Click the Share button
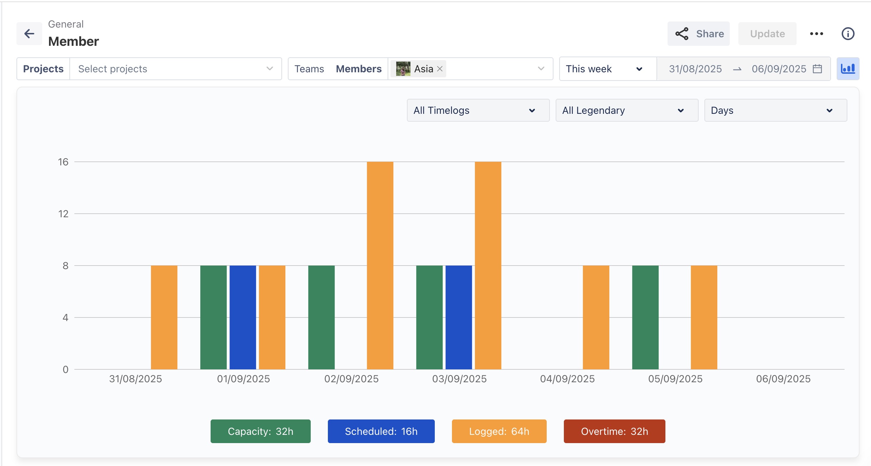[x=698, y=34]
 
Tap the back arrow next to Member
[x=29, y=34]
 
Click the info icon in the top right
[x=848, y=34]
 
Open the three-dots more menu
[x=816, y=34]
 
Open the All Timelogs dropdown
[x=478, y=110]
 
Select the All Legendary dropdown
[x=626, y=110]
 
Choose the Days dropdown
[x=775, y=110]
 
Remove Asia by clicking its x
[x=440, y=69]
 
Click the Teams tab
[x=309, y=69]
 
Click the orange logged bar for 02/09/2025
[x=380, y=265]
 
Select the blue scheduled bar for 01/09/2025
[x=242, y=317]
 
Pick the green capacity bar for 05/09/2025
[x=645, y=317]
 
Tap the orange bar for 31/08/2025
[x=164, y=317]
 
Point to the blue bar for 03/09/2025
[x=458, y=317]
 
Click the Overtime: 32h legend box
[x=614, y=431]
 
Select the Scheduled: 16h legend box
[x=381, y=431]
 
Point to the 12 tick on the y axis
[x=63, y=214]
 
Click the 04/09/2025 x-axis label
[x=567, y=379]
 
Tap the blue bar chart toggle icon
[x=848, y=69]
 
